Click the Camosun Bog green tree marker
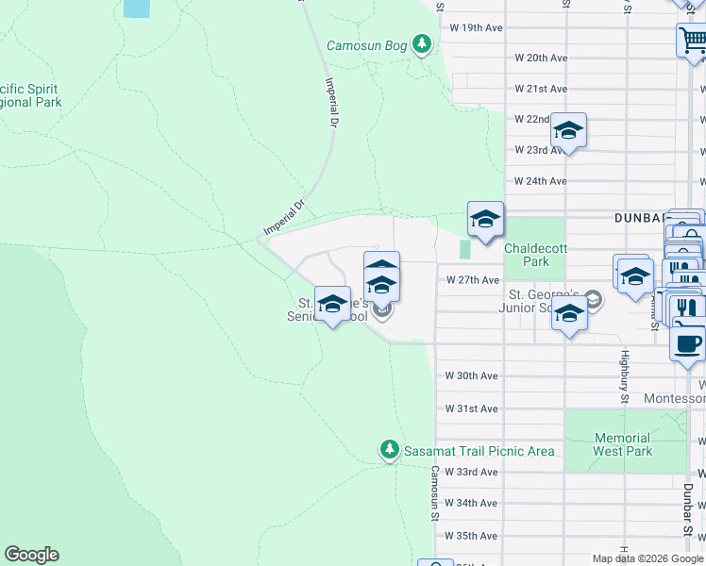tap(422, 43)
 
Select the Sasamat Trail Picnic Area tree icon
tap(390, 450)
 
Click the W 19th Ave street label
tap(477, 27)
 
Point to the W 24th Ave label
tap(540, 181)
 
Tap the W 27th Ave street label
tap(472, 280)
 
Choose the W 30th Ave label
tap(471, 375)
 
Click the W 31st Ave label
tap(471, 408)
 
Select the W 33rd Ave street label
tap(471, 472)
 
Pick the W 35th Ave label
tap(471, 536)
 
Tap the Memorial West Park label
tap(623, 444)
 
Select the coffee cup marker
tap(687, 342)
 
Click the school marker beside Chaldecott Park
tap(485, 220)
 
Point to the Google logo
tap(31, 555)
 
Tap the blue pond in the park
tap(136, 8)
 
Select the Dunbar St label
tap(687, 500)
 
